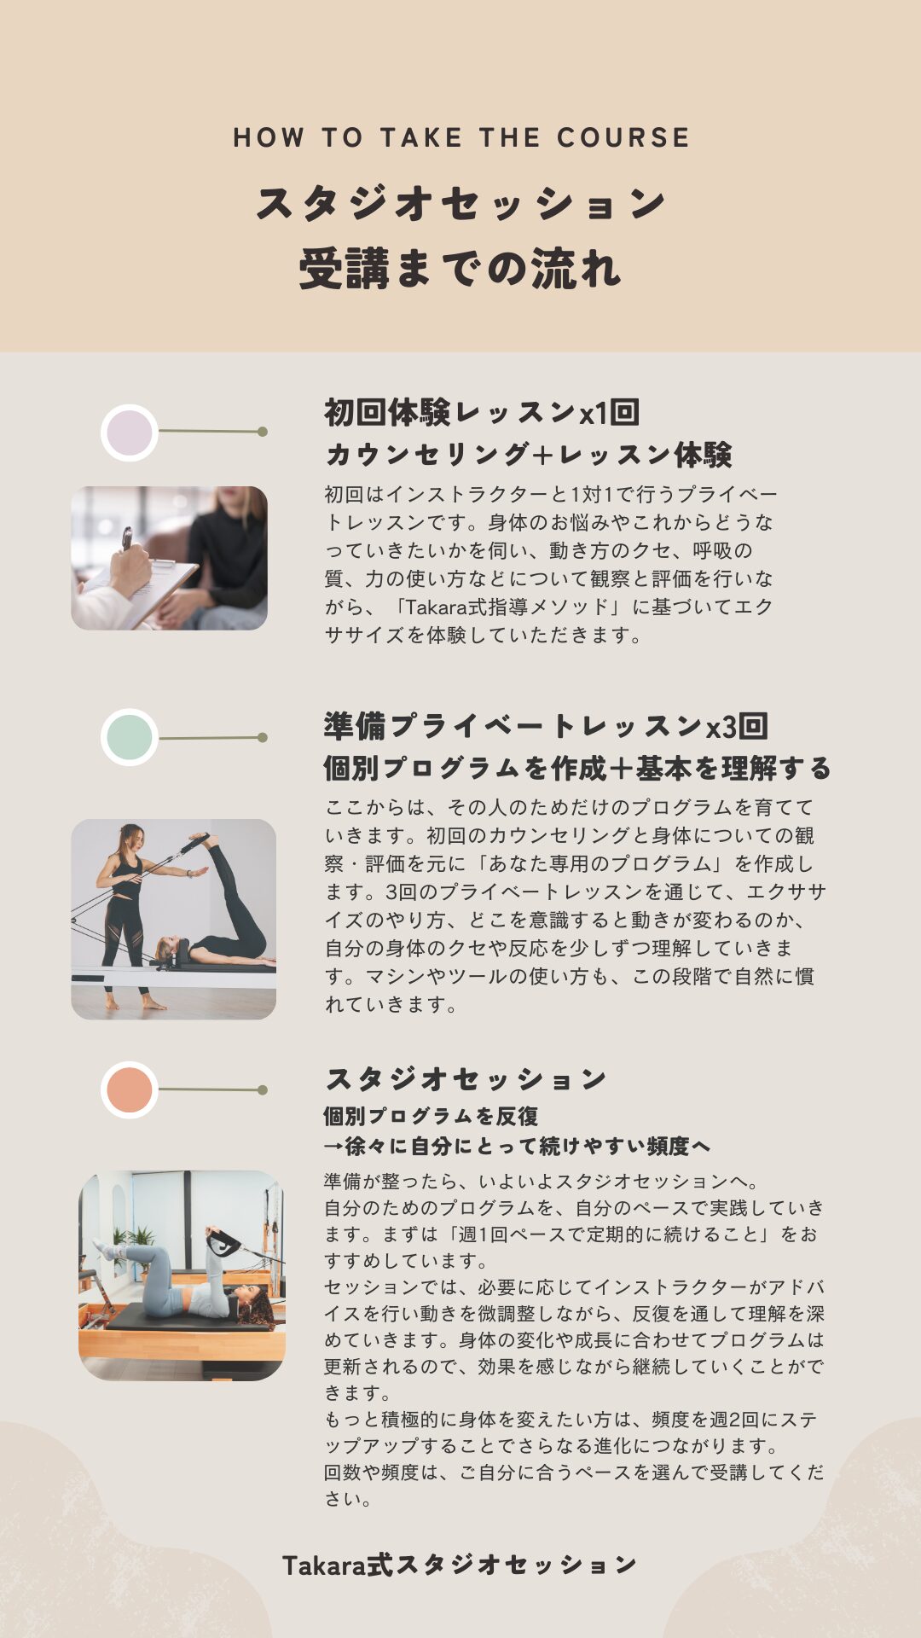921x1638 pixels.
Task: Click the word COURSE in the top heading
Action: [x=623, y=137]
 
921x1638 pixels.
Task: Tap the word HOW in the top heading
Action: [x=269, y=137]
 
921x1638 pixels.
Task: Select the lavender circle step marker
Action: [x=130, y=433]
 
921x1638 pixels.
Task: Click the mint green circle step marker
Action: [x=130, y=737]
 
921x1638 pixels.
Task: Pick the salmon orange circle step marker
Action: [x=130, y=1089]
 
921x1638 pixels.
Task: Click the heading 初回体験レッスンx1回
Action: [x=482, y=413]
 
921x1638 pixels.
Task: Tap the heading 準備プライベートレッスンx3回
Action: [x=546, y=726]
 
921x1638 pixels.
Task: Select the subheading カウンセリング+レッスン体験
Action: [x=529, y=455]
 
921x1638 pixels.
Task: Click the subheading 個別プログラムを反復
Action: [x=431, y=1116]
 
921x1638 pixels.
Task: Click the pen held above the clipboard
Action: [x=127, y=538]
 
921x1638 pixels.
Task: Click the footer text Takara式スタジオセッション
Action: [x=460, y=1564]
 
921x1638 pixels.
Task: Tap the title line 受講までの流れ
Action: [x=460, y=268]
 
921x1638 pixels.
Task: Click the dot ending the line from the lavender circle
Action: [x=263, y=432]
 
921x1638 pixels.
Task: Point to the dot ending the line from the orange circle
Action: [x=263, y=1089]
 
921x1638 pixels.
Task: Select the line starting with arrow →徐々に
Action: [x=517, y=1146]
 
